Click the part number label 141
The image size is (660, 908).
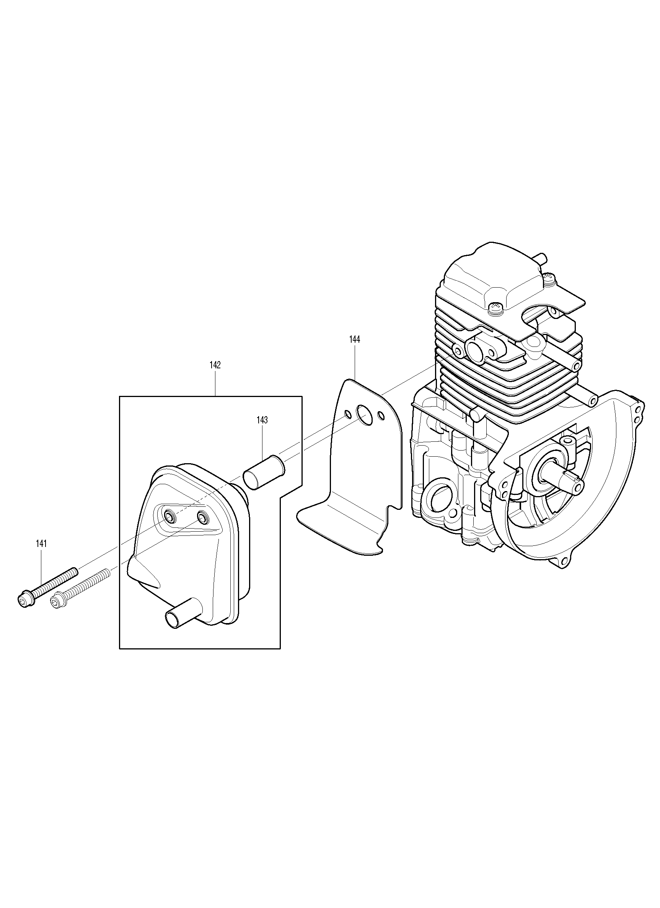tap(41, 543)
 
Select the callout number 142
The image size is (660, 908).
tap(215, 365)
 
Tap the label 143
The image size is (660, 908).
tap(262, 420)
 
